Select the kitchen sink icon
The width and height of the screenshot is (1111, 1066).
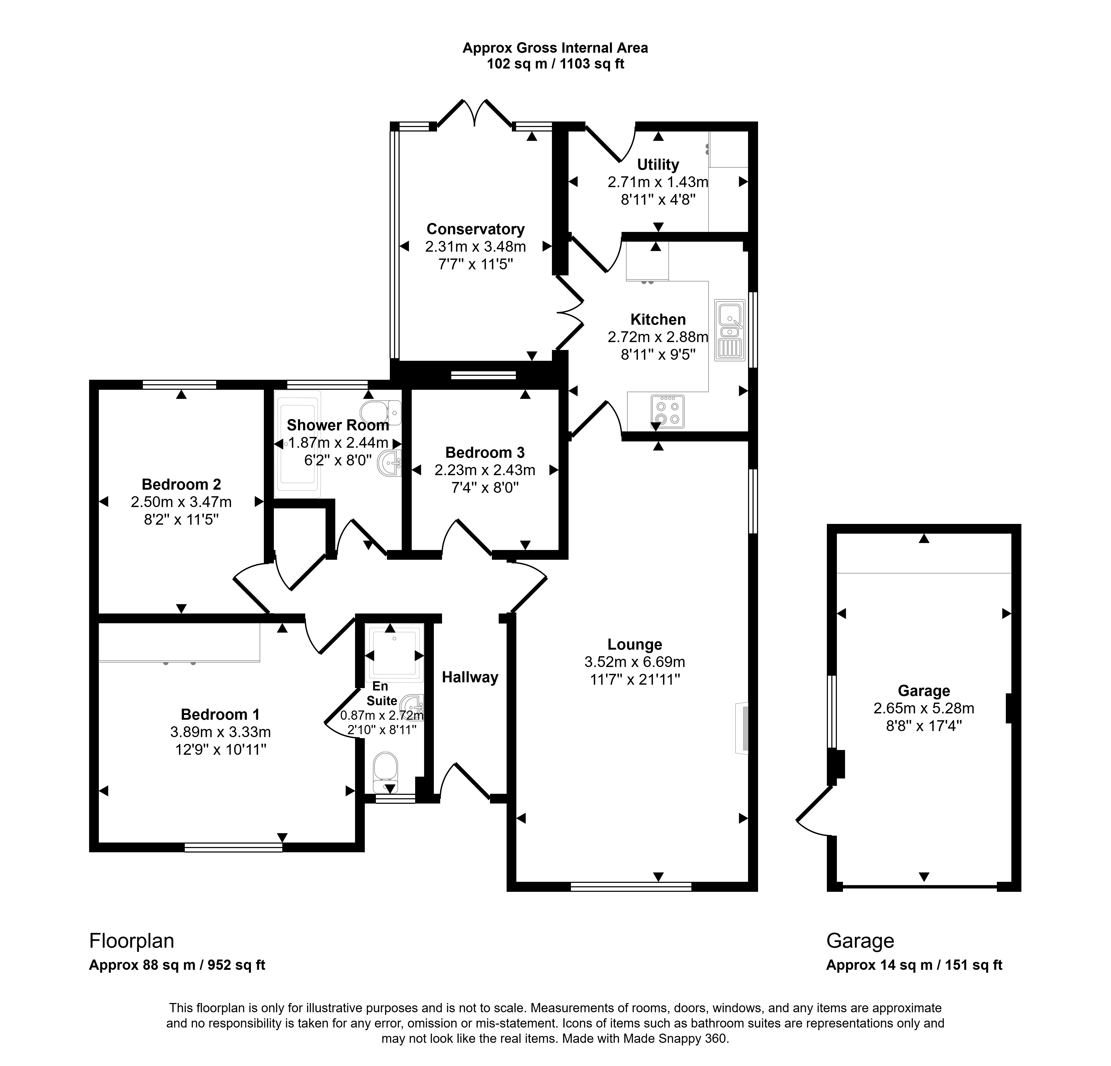730,330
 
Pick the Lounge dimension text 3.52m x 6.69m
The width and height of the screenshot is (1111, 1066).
635,662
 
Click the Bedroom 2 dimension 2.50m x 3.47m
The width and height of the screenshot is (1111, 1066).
181,502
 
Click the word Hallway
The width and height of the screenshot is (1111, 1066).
470,677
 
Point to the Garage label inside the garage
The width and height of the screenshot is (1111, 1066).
924,691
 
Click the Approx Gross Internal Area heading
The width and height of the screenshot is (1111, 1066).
556,48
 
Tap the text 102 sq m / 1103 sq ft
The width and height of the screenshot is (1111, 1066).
556,64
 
